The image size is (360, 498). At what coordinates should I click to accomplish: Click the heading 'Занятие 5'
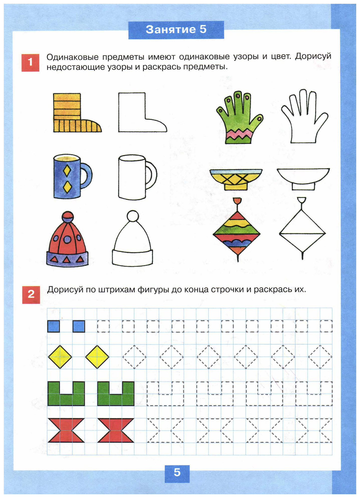pyautogui.click(x=176, y=30)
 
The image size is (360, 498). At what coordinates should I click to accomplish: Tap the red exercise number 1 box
pyautogui.click(x=30, y=63)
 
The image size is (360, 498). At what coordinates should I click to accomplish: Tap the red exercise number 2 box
pyautogui.click(x=31, y=295)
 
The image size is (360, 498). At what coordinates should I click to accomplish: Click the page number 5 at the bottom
pyautogui.click(x=177, y=472)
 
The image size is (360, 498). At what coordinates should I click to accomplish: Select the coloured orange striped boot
pyautogui.click(x=75, y=113)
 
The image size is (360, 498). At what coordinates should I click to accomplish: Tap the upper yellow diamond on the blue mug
pyautogui.click(x=67, y=171)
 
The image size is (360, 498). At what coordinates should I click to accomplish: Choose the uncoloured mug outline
pyautogui.click(x=137, y=177)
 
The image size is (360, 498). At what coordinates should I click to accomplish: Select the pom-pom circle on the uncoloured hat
pyautogui.click(x=133, y=216)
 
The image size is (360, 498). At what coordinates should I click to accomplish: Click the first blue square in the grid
pyautogui.click(x=54, y=326)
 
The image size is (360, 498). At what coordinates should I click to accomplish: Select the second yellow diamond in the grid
pyautogui.click(x=97, y=357)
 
